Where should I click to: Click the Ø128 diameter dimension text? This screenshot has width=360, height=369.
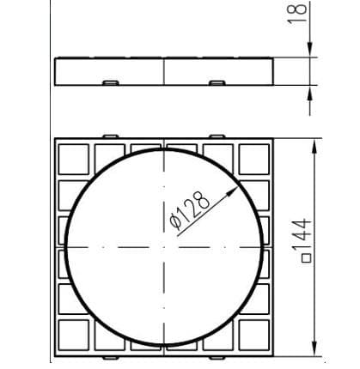190,210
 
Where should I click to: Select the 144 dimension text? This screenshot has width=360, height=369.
302,235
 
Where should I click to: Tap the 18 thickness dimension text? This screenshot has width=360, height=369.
297,14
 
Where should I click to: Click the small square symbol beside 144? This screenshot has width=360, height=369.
307,258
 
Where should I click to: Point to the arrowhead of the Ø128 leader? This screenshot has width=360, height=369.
233,191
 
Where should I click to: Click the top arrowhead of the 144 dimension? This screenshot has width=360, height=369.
314,148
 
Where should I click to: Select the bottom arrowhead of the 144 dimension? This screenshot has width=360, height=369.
314,348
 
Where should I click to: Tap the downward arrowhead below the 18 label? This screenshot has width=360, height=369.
310,49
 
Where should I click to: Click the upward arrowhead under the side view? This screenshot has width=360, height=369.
310,94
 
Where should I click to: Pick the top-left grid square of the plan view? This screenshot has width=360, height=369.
74,160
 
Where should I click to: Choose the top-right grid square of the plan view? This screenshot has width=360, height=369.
254,160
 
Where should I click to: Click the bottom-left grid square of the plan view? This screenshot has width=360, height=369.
74,335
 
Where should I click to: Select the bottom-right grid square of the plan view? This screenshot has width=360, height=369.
254,335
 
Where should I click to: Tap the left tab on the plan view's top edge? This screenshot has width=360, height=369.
111,136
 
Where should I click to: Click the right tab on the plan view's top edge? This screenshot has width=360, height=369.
217,136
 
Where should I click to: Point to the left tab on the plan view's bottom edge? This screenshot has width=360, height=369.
111,358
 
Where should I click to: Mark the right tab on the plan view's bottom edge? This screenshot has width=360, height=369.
217,358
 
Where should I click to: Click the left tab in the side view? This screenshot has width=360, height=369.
111,83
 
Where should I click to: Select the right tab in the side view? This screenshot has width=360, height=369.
217,83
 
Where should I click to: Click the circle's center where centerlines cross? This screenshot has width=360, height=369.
164,247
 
